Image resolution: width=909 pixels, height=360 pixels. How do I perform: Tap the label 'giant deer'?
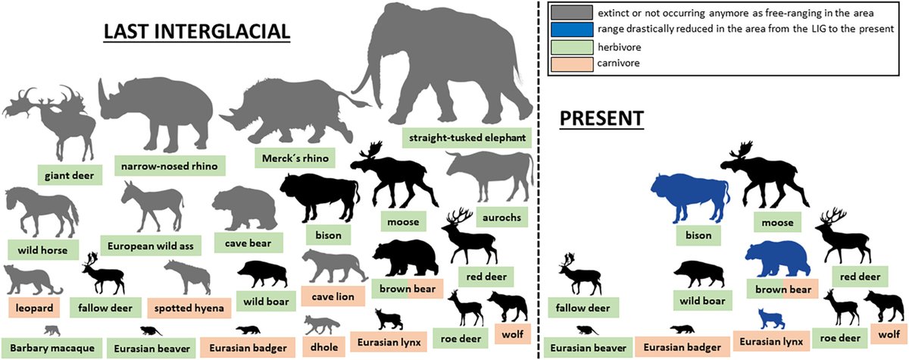pyautogui.click(x=68, y=176)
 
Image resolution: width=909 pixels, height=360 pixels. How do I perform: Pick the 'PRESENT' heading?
pyautogui.click(x=601, y=118)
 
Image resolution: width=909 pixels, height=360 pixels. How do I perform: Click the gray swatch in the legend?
pyautogui.click(x=572, y=14)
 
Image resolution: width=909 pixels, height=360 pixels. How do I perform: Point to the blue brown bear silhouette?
pyautogui.click(x=779, y=258)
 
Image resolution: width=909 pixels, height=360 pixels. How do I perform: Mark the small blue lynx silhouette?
pyautogui.click(x=770, y=318)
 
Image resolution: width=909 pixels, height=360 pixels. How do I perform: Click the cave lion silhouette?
pyautogui.click(x=330, y=265)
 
